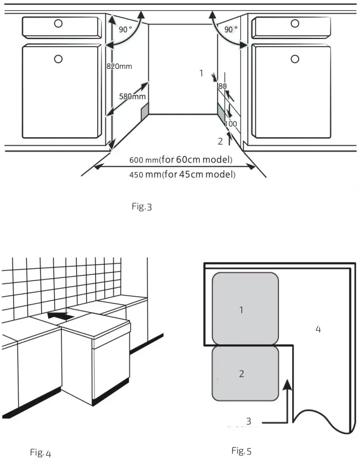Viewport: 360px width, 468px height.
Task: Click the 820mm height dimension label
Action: [x=119, y=66]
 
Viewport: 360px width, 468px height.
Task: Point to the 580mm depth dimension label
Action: [x=132, y=96]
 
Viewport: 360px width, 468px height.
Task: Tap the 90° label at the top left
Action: [x=125, y=30]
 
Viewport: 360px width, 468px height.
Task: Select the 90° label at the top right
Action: [x=230, y=30]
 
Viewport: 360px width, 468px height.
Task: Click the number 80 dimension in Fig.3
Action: [x=222, y=87]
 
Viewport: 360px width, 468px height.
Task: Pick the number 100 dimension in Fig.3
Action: [x=230, y=124]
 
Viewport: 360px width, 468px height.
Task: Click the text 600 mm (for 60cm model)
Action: [x=181, y=160]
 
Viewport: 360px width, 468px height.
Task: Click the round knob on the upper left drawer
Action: [x=58, y=23]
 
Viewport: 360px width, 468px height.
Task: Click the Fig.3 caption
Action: [x=142, y=207]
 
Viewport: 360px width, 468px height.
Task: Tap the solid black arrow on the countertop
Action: [x=60, y=316]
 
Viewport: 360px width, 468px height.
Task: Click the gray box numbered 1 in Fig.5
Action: [x=245, y=308]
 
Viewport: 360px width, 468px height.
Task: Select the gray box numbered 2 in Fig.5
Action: [x=245, y=373]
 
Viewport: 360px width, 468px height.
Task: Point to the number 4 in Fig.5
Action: [x=318, y=329]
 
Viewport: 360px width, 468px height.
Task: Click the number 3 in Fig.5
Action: [x=248, y=421]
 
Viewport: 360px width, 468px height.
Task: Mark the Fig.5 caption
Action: [x=241, y=451]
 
